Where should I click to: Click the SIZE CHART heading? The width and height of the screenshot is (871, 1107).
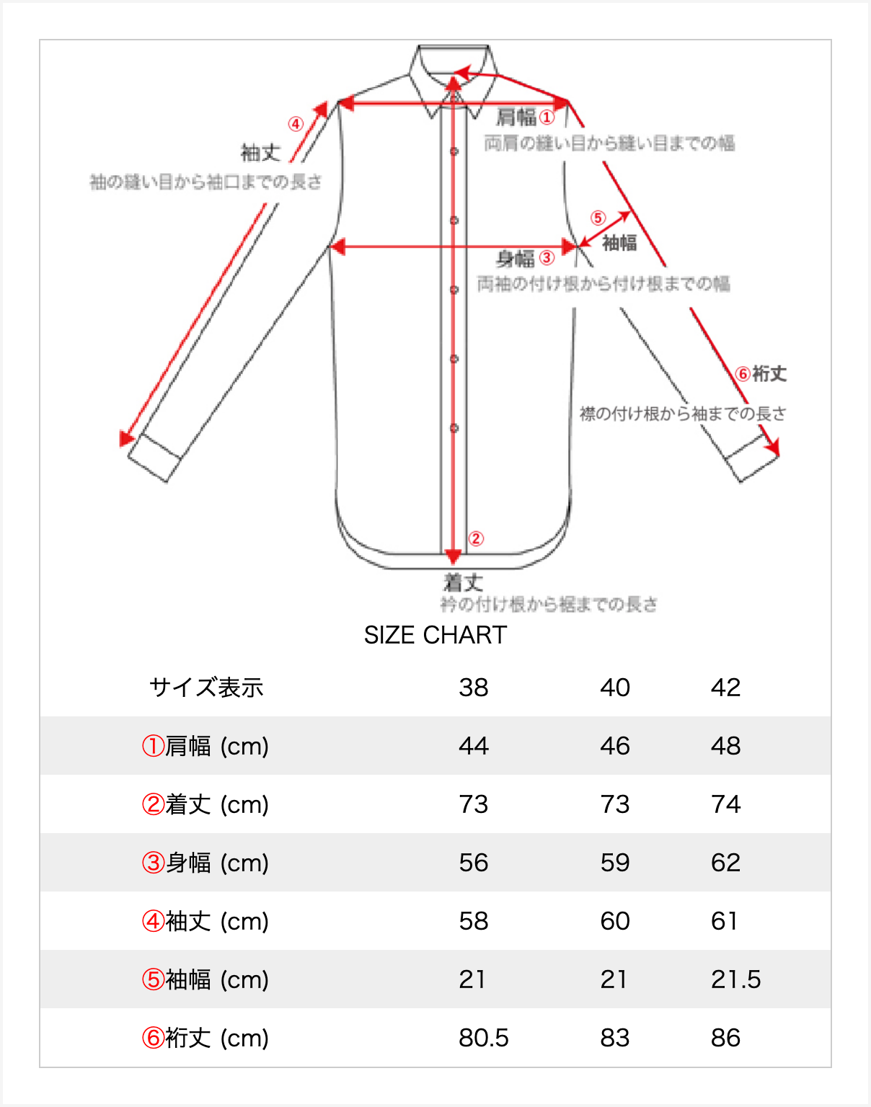[x=435, y=635]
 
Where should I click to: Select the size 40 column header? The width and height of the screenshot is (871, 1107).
[x=615, y=688]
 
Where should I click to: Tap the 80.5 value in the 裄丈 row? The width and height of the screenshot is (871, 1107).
[x=484, y=1038]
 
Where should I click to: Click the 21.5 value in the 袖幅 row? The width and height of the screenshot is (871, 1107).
[x=735, y=979]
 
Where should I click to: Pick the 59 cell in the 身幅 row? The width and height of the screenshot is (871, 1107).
[x=615, y=863]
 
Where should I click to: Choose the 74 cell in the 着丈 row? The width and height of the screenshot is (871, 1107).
[x=725, y=804]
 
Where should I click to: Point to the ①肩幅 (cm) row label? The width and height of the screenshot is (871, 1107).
[x=205, y=746]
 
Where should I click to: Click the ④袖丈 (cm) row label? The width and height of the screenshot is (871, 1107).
[x=205, y=921]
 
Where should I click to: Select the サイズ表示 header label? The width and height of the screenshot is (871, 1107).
[x=206, y=688]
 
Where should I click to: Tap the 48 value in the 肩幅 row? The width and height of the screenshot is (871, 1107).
[x=725, y=746]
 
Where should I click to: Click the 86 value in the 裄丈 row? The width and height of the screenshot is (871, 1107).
[x=725, y=1038]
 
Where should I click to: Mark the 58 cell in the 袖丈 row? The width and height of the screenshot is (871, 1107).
[x=474, y=921]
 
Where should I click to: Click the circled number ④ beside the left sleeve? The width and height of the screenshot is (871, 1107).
[x=296, y=124]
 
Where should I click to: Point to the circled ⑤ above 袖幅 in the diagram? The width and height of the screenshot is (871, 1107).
[x=598, y=218]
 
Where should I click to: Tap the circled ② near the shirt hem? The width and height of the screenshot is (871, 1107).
[x=476, y=538]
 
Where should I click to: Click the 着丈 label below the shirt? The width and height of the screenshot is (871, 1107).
[x=463, y=582]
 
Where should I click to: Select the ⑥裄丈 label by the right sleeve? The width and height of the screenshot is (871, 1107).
[x=761, y=373]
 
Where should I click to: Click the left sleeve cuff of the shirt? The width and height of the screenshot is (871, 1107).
[x=154, y=457]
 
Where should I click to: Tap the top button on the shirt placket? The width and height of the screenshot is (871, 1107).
[x=454, y=151]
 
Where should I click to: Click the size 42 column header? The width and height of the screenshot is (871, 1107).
[x=725, y=688]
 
